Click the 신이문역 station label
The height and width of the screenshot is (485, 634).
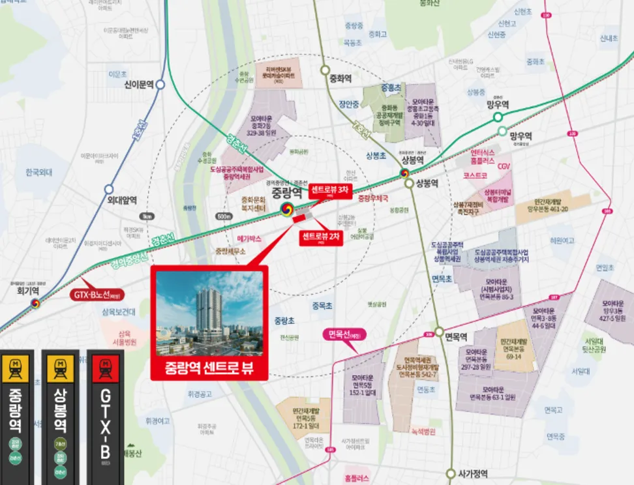[x=138, y=85]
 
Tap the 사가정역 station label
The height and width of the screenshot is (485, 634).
[x=472, y=474]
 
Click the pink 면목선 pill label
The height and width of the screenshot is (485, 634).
[x=344, y=335]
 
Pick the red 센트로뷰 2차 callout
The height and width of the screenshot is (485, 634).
[x=321, y=238]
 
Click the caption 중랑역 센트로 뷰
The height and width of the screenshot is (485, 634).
[x=209, y=366]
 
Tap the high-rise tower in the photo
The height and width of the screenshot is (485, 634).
[x=208, y=310]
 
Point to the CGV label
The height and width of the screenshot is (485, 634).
[x=504, y=166]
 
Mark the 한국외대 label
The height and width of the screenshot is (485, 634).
[x=38, y=173]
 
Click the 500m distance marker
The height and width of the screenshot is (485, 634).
[x=224, y=216]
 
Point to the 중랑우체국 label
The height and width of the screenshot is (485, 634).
[x=373, y=197]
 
